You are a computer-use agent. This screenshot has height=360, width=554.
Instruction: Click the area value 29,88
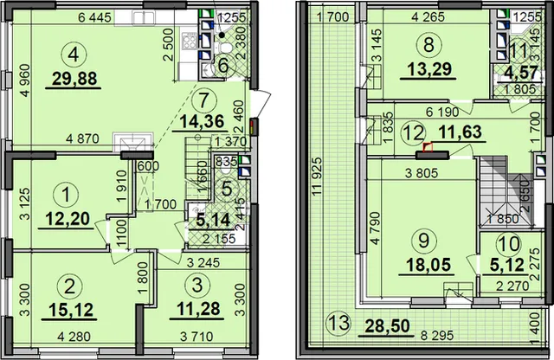pyautogui.click(x=74, y=79)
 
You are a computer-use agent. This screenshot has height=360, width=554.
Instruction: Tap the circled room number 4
pyautogui.click(x=74, y=55)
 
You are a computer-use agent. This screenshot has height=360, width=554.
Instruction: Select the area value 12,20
pyautogui.click(x=68, y=219)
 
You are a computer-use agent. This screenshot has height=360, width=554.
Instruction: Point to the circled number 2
pyautogui.click(x=68, y=286)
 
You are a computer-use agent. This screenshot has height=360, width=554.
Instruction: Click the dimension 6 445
pyautogui.click(x=94, y=17)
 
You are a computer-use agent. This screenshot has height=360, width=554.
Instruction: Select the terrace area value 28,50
pyautogui.click(x=388, y=325)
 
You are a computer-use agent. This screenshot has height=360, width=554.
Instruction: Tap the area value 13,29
pyautogui.click(x=429, y=69)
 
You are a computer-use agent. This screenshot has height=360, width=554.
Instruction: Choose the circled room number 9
pyautogui.click(x=423, y=241)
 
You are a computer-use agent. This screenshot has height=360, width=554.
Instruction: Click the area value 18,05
pyautogui.click(x=428, y=265)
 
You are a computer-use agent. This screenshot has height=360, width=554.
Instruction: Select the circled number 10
pyautogui.click(x=508, y=243)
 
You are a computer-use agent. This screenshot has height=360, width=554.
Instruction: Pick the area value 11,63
pyautogui.click(x=460, y=132)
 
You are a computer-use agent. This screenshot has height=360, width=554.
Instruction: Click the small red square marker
pyautogui.click(x=428, y=146)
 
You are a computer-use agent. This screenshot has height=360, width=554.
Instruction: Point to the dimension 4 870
pyautogui.click(x=83, y=138)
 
